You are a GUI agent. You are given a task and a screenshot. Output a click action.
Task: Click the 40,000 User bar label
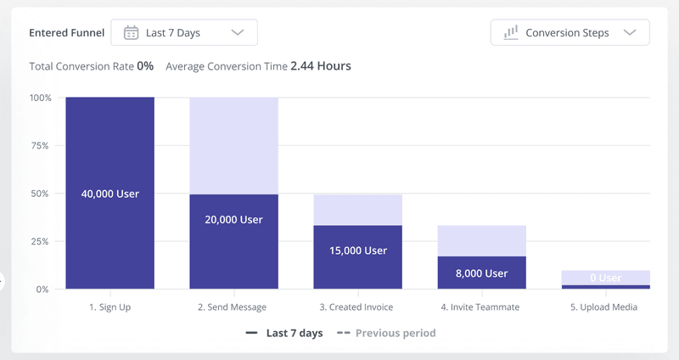coord(110,194)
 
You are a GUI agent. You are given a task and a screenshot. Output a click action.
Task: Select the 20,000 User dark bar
coord(233,242)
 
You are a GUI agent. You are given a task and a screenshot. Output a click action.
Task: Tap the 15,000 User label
coord(357,250)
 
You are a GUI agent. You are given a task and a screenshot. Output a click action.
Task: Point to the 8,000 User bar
coord(481,273)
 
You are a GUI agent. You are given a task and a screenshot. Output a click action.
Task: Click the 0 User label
coord(605,278)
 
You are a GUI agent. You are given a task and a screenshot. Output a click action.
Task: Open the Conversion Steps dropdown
coord(570,33)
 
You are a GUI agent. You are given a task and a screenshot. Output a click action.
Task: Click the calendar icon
coord(131,33)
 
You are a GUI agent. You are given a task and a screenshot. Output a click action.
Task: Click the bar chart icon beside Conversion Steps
coord(511,33)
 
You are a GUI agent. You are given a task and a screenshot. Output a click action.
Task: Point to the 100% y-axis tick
coord(41,98)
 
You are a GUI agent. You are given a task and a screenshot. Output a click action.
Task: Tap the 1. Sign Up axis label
coord(110,307)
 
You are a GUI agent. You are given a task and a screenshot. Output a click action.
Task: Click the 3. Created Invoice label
coord(357,307)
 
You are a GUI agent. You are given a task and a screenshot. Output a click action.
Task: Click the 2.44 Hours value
coord(321,65)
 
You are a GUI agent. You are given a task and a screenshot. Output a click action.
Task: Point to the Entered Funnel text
coord(67,33)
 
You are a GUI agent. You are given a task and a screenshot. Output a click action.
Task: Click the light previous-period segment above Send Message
coord(233,145)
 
